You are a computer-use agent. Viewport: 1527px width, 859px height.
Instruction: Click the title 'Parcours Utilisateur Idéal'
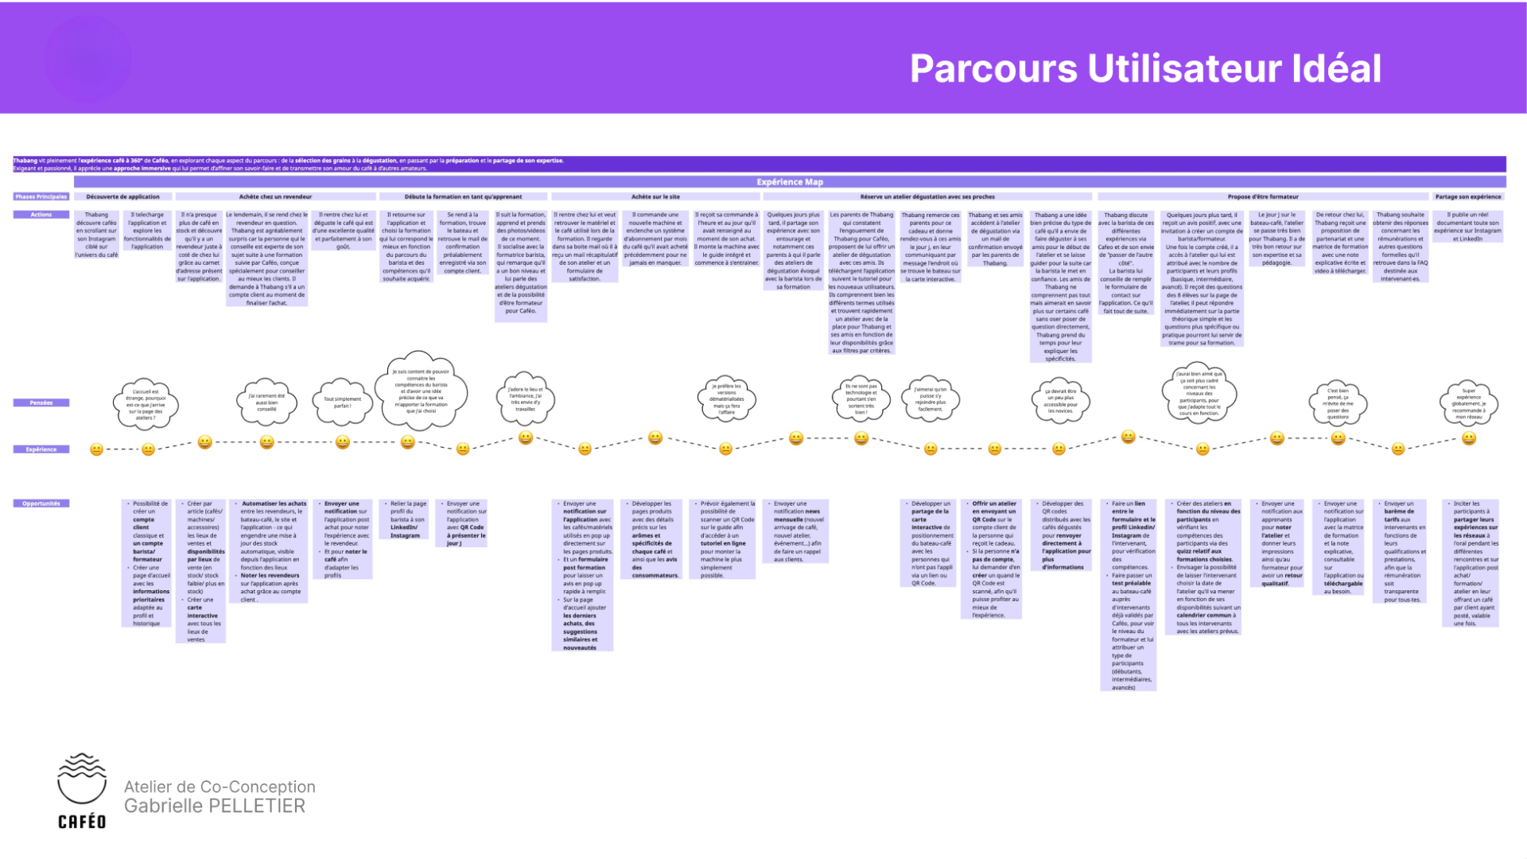(1144, 68)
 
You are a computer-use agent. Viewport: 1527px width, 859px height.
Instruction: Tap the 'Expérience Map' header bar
(790, 182)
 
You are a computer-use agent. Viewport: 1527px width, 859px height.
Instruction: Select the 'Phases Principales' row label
(41, 196)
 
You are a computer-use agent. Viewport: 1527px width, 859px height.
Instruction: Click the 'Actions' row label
(41, 215)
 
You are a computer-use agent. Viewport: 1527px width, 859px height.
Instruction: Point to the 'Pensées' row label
(41, 402)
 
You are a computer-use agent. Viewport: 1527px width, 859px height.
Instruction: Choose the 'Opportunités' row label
(41, 503)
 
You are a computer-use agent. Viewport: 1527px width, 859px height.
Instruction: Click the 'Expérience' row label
(41, 449)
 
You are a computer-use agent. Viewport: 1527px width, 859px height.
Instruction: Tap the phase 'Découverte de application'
(122, 196)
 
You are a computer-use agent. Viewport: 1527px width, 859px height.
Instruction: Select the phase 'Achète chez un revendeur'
(275, 196)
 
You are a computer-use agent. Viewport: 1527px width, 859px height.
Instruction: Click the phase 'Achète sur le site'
(655, 196)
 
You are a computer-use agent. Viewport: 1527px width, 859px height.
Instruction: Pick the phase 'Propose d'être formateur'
(1262, 196)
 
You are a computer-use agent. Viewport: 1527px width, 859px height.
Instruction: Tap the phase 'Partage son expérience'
(1467, 196)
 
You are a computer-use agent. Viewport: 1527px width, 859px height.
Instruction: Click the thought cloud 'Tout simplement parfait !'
(342, 402)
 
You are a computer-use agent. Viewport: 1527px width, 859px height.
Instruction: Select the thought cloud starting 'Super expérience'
(1468, 403)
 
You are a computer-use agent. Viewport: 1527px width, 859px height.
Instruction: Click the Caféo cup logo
(81, 779)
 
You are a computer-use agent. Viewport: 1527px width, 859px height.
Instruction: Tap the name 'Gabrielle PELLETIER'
(215, 807)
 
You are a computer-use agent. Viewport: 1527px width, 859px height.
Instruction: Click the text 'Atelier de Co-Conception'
(220, 787)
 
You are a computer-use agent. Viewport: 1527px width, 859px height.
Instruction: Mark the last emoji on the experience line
(1469, 438)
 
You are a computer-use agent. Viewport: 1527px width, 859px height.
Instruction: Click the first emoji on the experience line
(96, 449)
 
